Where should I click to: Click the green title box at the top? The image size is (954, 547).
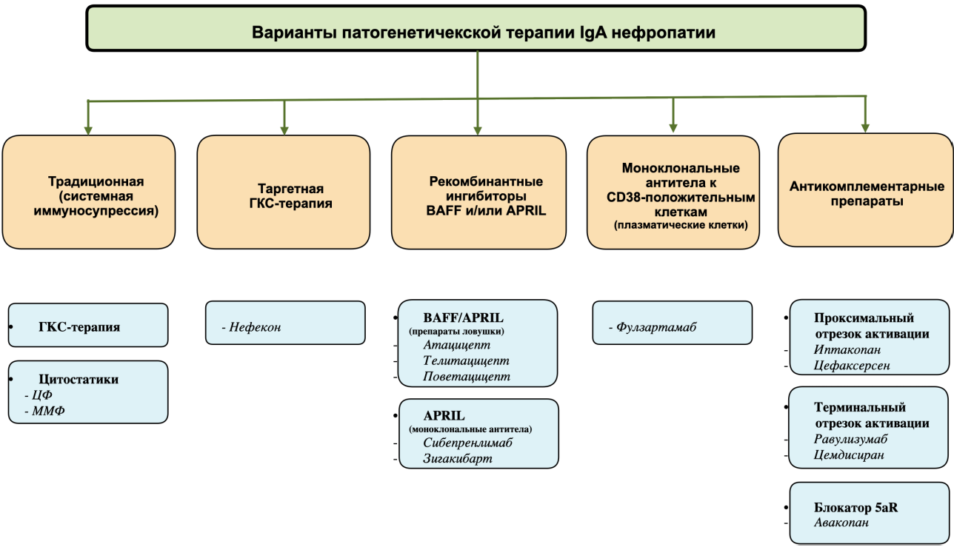476,28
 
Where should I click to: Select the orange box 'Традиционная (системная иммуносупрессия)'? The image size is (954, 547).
89,192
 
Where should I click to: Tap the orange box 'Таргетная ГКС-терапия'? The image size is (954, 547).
284,192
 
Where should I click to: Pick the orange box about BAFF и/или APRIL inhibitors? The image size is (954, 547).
478,192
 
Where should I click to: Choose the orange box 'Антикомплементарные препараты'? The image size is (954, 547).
865,189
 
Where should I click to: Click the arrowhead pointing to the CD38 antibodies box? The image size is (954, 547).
673,128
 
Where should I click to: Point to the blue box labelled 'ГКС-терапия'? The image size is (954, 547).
88,325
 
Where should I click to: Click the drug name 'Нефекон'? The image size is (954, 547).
255,327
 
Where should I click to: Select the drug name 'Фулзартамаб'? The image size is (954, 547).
656,327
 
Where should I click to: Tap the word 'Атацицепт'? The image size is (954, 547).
456,345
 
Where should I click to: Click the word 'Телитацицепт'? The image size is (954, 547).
466,360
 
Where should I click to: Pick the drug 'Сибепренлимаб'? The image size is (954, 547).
467,443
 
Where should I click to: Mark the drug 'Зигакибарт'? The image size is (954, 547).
458,458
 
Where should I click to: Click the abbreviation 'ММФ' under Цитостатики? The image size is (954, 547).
49,411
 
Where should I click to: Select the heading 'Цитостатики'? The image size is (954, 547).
79,379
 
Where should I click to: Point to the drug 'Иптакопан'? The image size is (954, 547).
847,349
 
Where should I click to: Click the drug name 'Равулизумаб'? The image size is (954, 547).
850,439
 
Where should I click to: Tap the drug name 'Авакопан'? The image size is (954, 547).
841,523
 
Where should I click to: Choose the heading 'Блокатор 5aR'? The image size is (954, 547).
855,508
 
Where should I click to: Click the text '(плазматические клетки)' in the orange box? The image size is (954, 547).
681,225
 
